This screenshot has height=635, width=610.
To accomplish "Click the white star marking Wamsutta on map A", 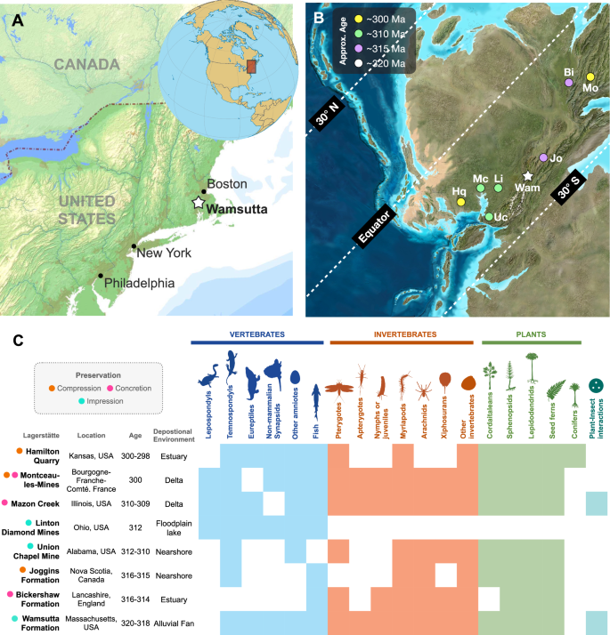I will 199,203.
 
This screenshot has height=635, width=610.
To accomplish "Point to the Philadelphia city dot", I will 101,276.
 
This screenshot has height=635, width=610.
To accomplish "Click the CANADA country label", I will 85,65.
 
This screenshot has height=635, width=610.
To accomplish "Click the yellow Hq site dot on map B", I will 461,203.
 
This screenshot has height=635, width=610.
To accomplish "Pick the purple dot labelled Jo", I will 543,157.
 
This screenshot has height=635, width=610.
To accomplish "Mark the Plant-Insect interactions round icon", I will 596,386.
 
